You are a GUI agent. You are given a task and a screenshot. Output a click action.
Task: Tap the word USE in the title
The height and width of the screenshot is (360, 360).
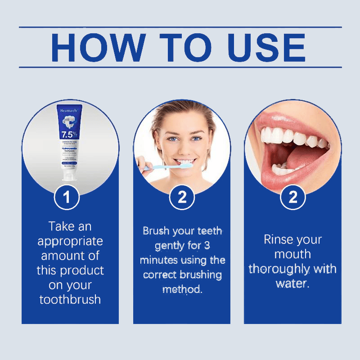tap(267, 47)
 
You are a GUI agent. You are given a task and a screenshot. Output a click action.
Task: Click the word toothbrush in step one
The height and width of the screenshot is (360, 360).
tap(70, 299)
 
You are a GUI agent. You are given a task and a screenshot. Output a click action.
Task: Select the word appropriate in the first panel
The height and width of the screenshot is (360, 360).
tap(70, 241)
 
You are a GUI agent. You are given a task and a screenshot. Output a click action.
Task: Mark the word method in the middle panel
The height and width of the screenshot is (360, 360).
tap(182, 289)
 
